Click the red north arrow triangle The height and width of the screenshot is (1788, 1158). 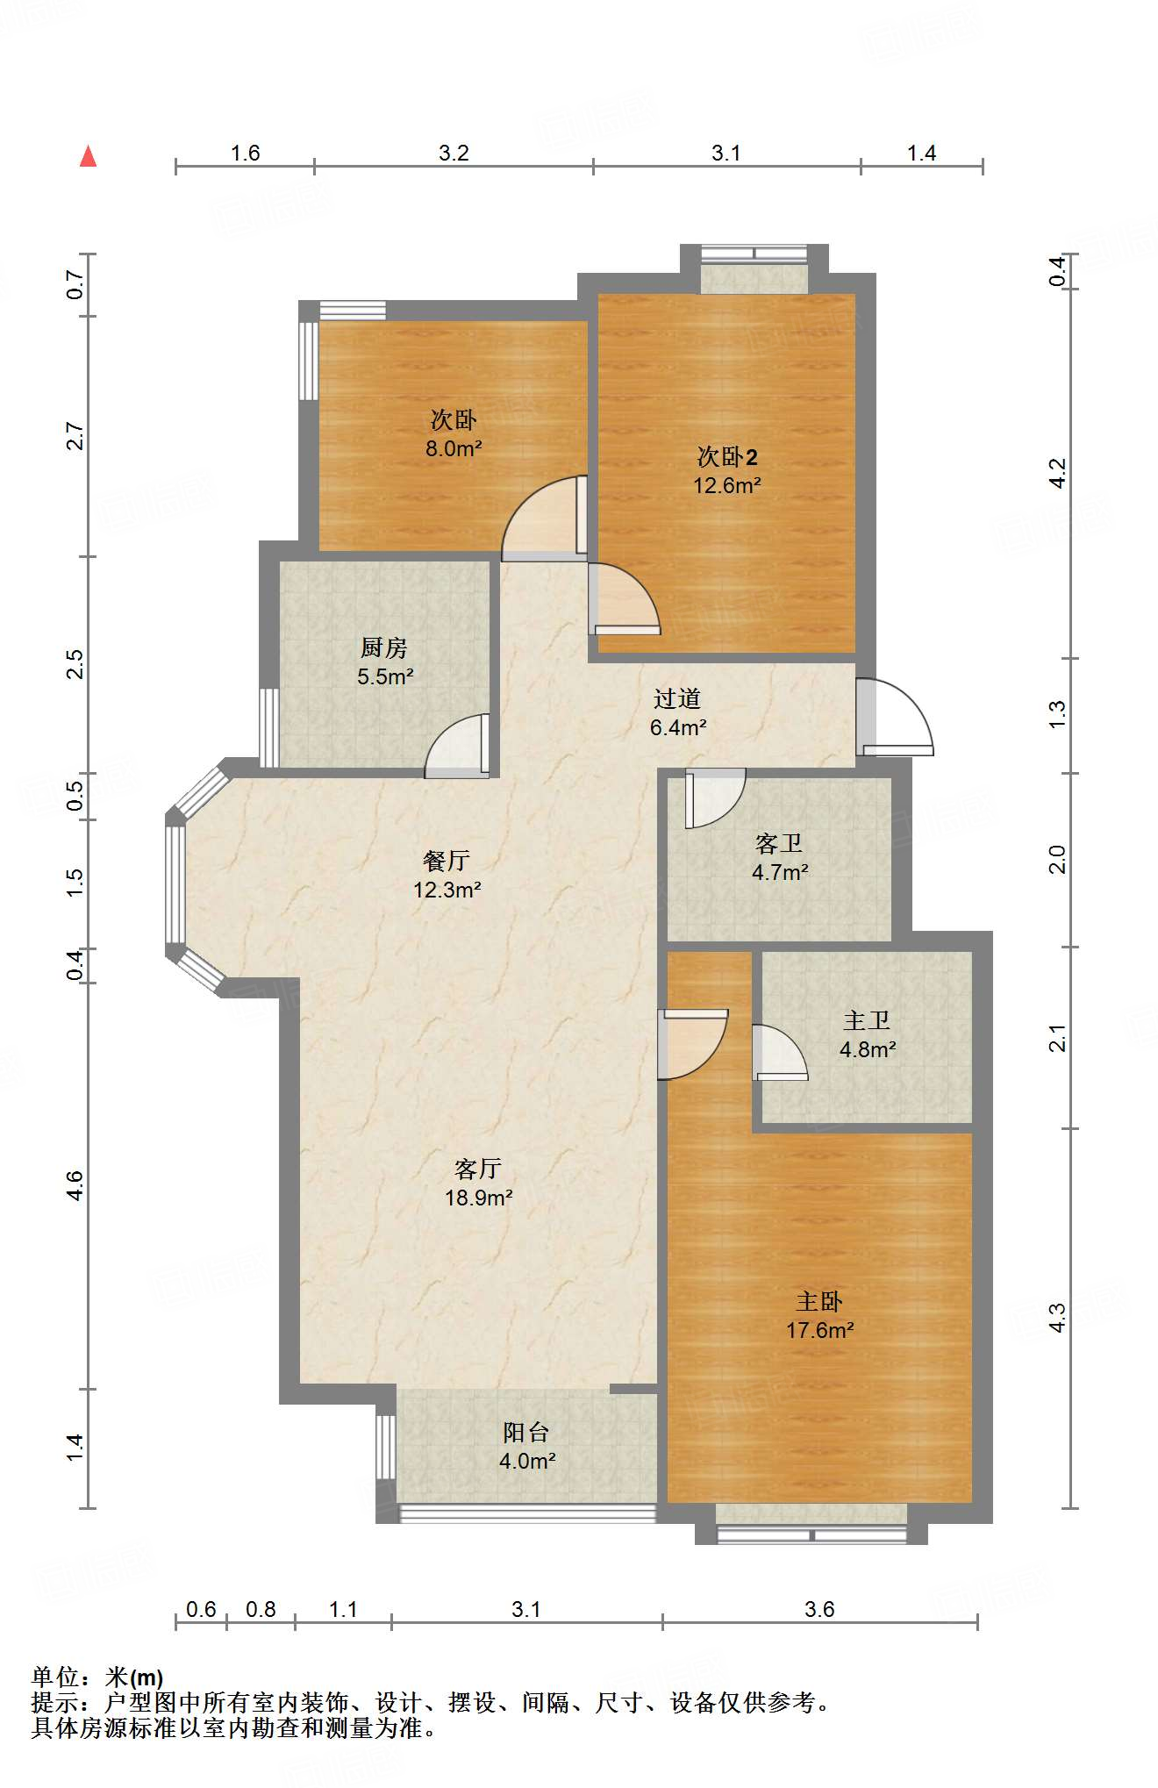(x=88, y=156)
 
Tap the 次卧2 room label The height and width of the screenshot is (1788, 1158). (x=727, y=456)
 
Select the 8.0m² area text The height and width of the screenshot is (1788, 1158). (x=454, y=448)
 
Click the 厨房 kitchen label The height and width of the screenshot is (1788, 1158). (x=384, y=647)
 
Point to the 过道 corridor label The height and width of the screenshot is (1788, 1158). (x=677, y=698)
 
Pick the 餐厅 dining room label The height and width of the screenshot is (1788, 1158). (x=447, y=861)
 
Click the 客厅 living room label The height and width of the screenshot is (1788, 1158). (x=478, y=1169)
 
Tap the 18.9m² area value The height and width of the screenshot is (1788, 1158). (x=478, y=1198)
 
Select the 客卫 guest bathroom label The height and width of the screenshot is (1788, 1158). (x=779, y=843)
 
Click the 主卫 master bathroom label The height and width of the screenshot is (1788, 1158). (x=867, y=1020)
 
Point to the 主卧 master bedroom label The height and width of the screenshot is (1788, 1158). (x=819, y=1301)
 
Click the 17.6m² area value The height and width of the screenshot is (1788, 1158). (x=819, y=1330)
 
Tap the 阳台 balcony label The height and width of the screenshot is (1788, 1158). (x=526, y=1432)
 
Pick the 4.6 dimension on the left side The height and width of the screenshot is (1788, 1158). (x=75, y=1186)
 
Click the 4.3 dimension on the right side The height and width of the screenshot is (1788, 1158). (x=1058, y=1318)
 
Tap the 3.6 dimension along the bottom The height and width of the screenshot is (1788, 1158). (x=819, y=1609)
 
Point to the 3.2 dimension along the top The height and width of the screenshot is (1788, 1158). (x=454, y=153)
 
